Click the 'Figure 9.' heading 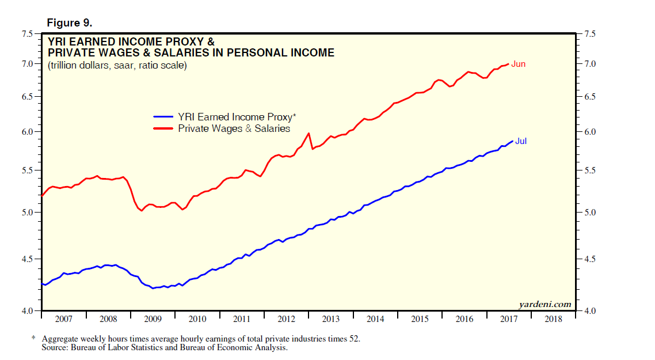click(68, 23)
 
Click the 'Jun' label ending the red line click(518, 64)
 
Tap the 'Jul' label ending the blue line click(521, 141)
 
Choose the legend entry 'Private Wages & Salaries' click(234, 128)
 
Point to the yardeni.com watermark click(544, 304)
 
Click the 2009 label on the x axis click(153, 319)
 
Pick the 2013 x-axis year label click(330, 319)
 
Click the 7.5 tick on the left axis click(27, 34)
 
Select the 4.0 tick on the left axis click(27, 311)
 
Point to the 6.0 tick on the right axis click(590, 132)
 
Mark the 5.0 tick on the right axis click(590, 213)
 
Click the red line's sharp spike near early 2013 click(309, 134)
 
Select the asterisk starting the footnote click(33, 339)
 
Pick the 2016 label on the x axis click(464, 319)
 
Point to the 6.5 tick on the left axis click(27, 96)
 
